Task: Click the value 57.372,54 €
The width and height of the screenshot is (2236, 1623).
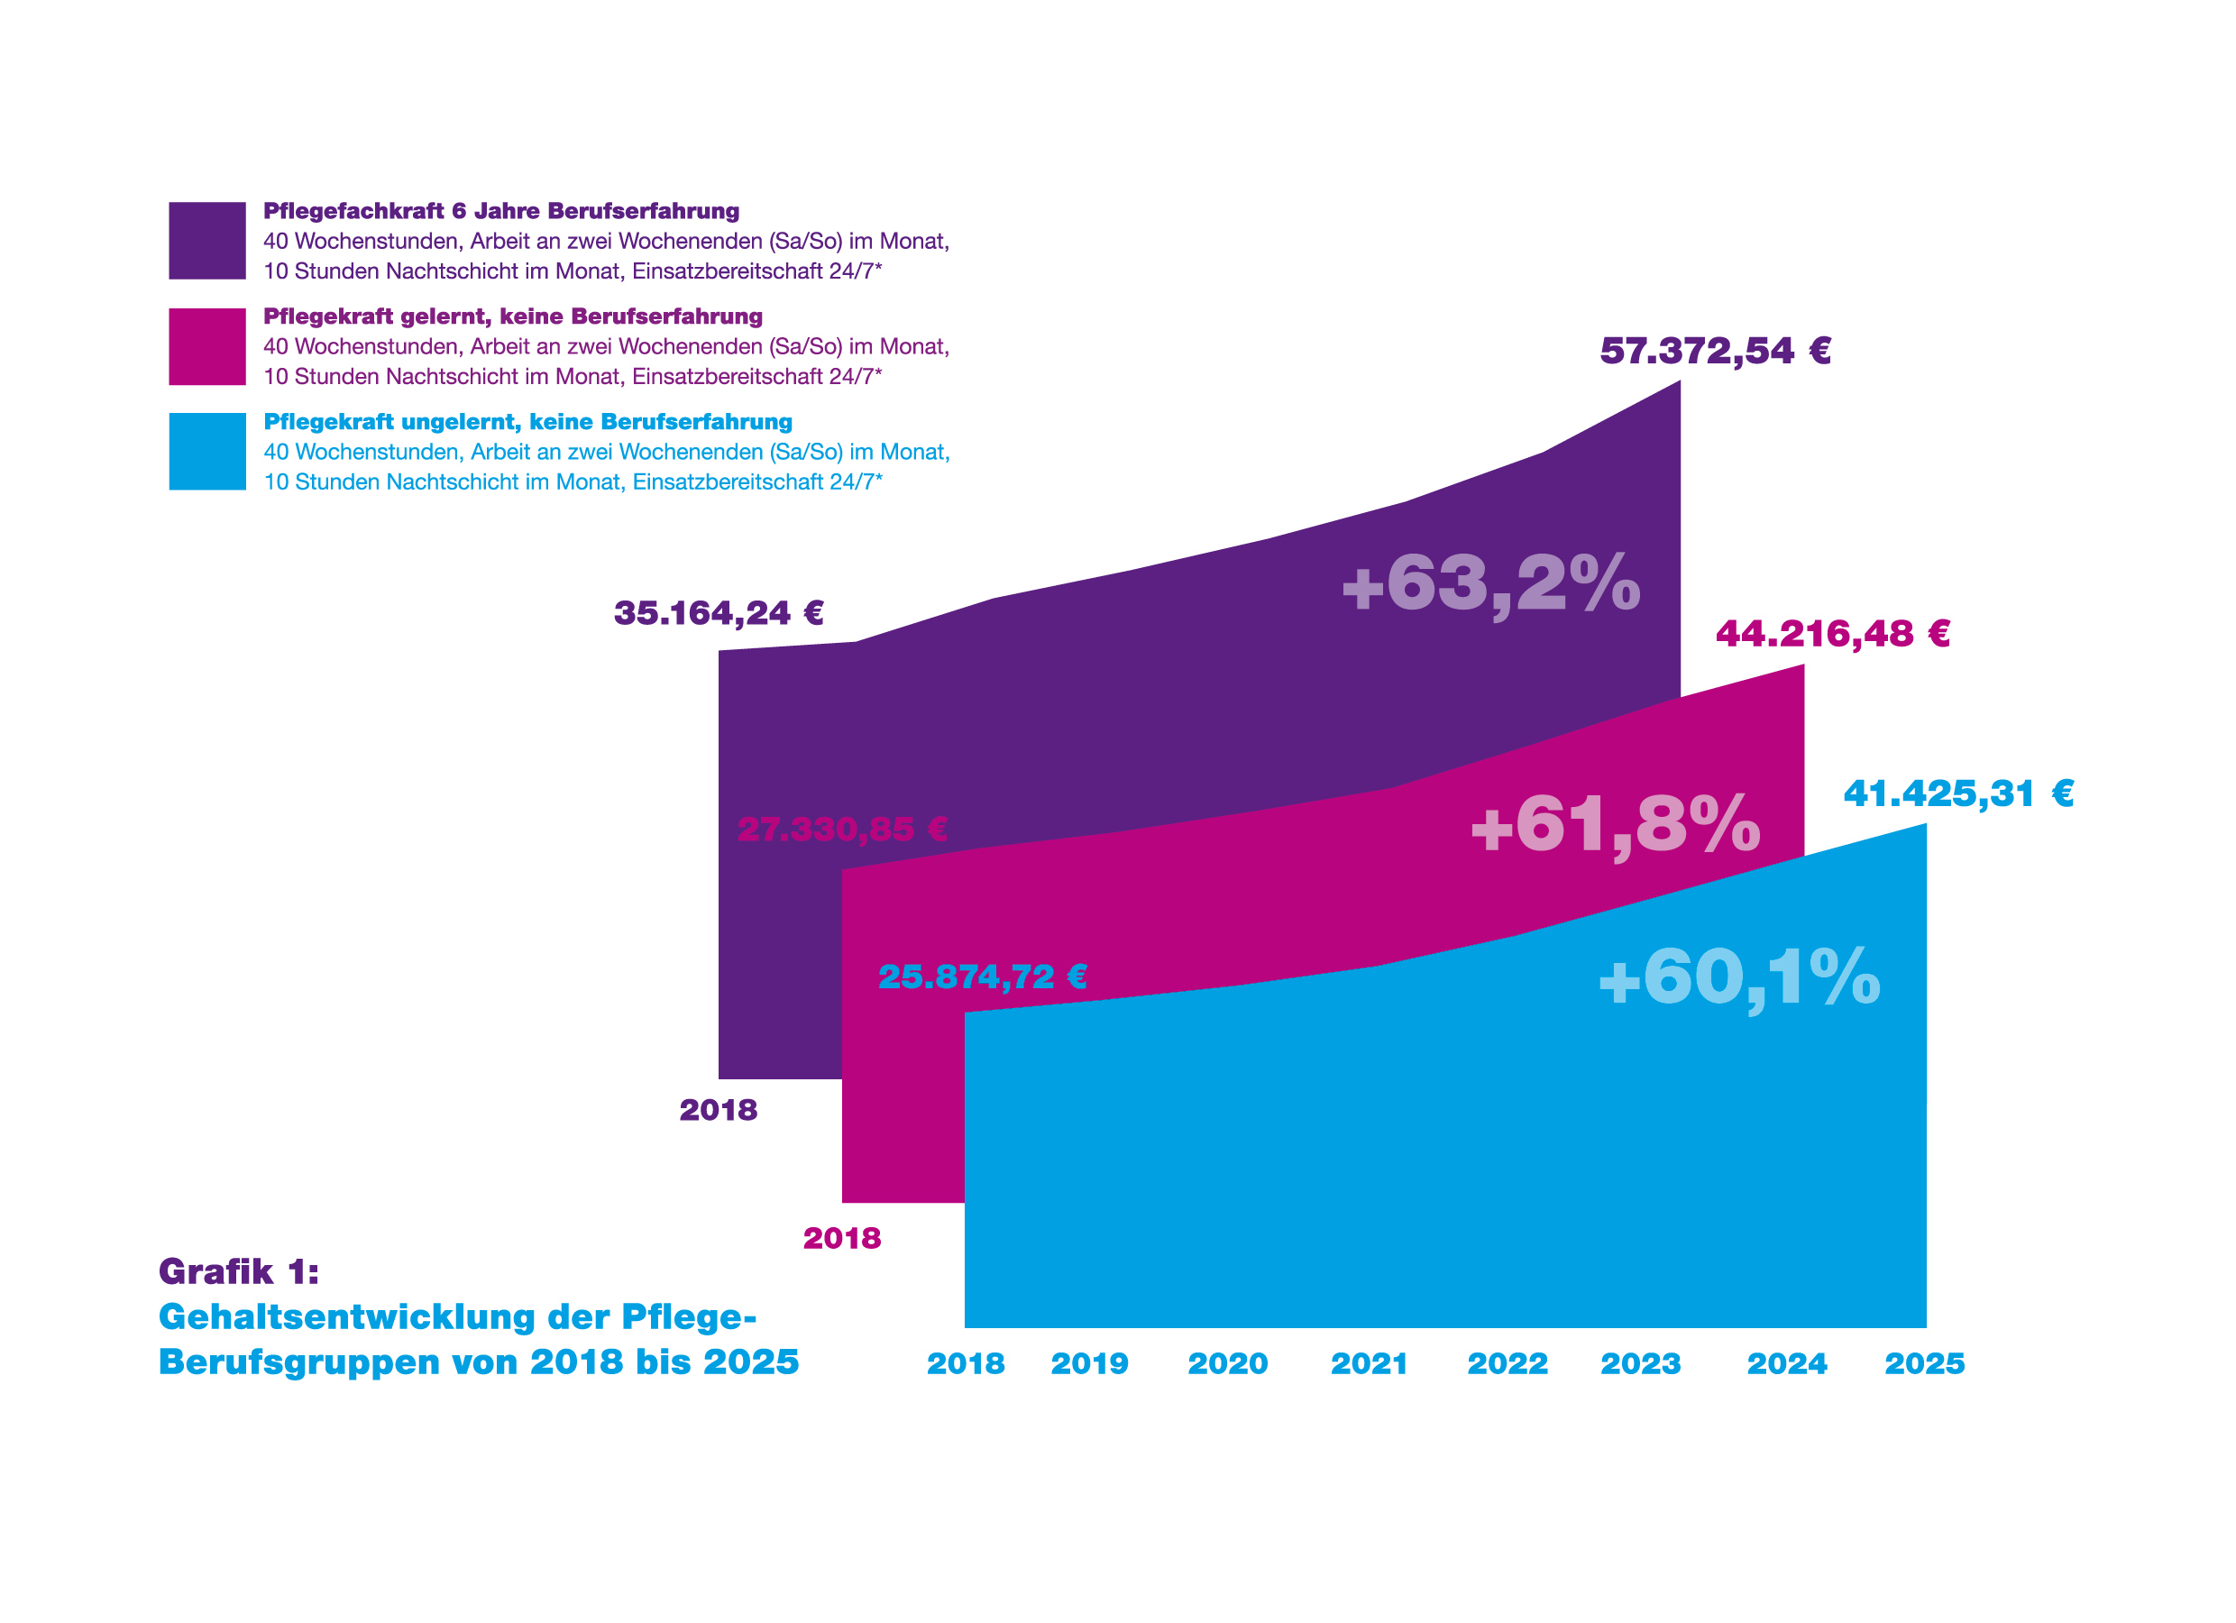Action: point(1715,351)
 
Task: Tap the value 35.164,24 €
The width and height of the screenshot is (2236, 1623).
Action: point(718,613)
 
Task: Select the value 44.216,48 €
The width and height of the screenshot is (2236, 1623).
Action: point(1833,634)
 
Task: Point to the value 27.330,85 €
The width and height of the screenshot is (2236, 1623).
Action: point(842,830)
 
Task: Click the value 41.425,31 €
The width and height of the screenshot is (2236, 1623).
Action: point(1958,793)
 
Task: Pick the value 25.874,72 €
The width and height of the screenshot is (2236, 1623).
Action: point(982,977)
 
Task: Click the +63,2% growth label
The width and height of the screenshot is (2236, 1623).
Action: point(1490,583)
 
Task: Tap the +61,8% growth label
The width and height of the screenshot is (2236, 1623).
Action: point(1615,824)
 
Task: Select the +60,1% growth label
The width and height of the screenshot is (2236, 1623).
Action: point(1739,978)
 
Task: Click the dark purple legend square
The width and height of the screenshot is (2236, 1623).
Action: point(207,241)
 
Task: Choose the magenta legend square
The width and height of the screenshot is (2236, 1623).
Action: point(207,347)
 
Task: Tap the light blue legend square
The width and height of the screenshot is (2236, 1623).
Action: point(207,452)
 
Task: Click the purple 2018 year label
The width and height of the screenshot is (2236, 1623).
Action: point(718,1111)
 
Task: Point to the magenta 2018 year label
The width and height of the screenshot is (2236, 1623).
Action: point(842,1240)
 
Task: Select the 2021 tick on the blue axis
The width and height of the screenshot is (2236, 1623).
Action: point(1370,1364)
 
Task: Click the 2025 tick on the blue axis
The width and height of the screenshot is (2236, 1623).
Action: point(1924,1364)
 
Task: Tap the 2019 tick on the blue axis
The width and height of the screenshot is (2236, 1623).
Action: point(1089,1364)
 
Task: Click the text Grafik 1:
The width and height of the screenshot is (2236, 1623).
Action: point(239,1273)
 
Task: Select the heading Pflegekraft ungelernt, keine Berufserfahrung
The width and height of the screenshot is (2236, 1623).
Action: point(527,422)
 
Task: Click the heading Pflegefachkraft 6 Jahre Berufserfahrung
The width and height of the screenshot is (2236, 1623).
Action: point(500,211)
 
